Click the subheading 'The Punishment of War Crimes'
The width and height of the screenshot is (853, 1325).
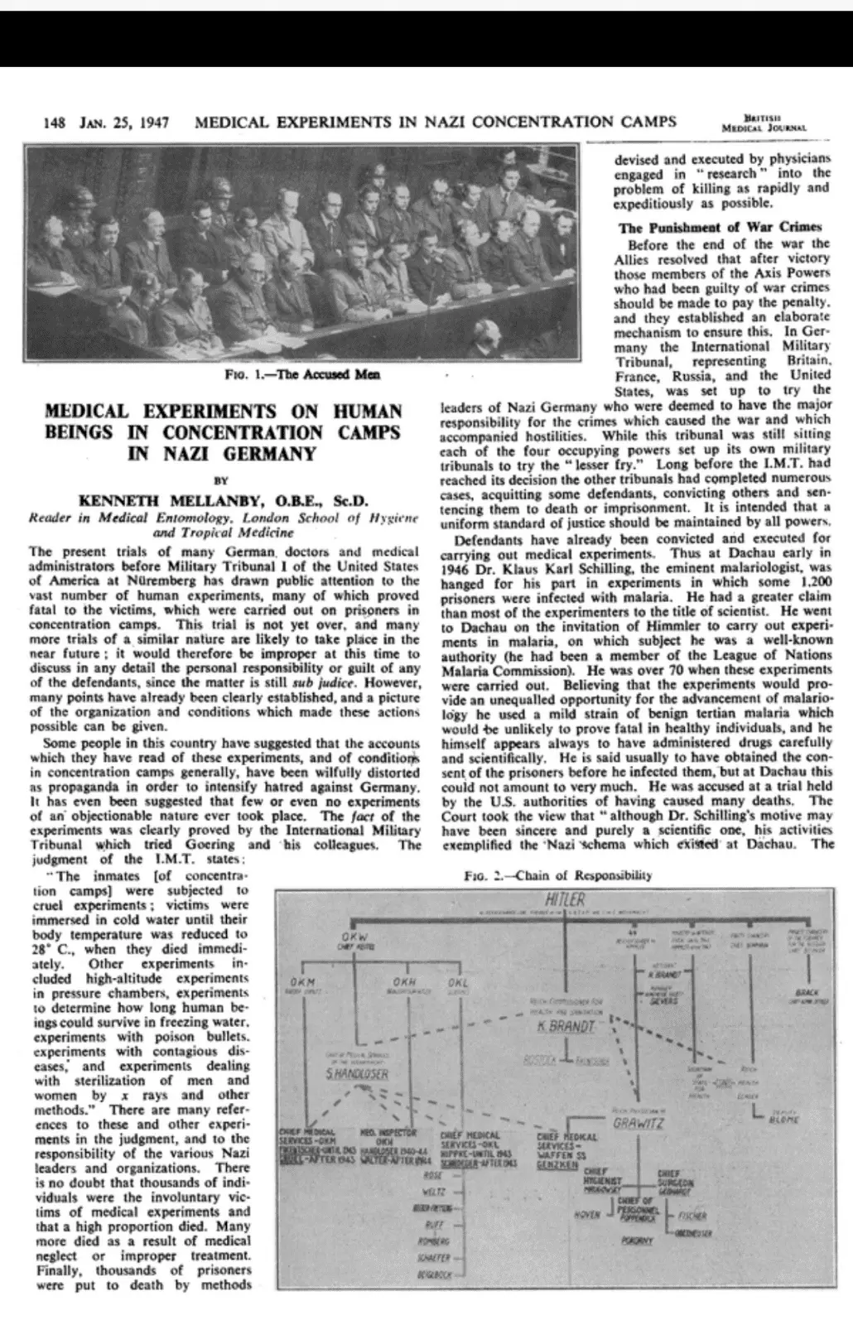pyautogui.click(x=720, y=226)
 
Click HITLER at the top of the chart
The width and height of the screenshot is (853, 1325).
pyautogui.click(x=566, y=899)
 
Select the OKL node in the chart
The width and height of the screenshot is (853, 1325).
pyautogui.click(x=457, y=982)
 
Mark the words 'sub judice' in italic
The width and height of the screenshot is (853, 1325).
pyautogui.click(x=311, y=685)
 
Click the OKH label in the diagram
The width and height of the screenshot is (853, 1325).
pyautogui.click(x=403, y=982)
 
